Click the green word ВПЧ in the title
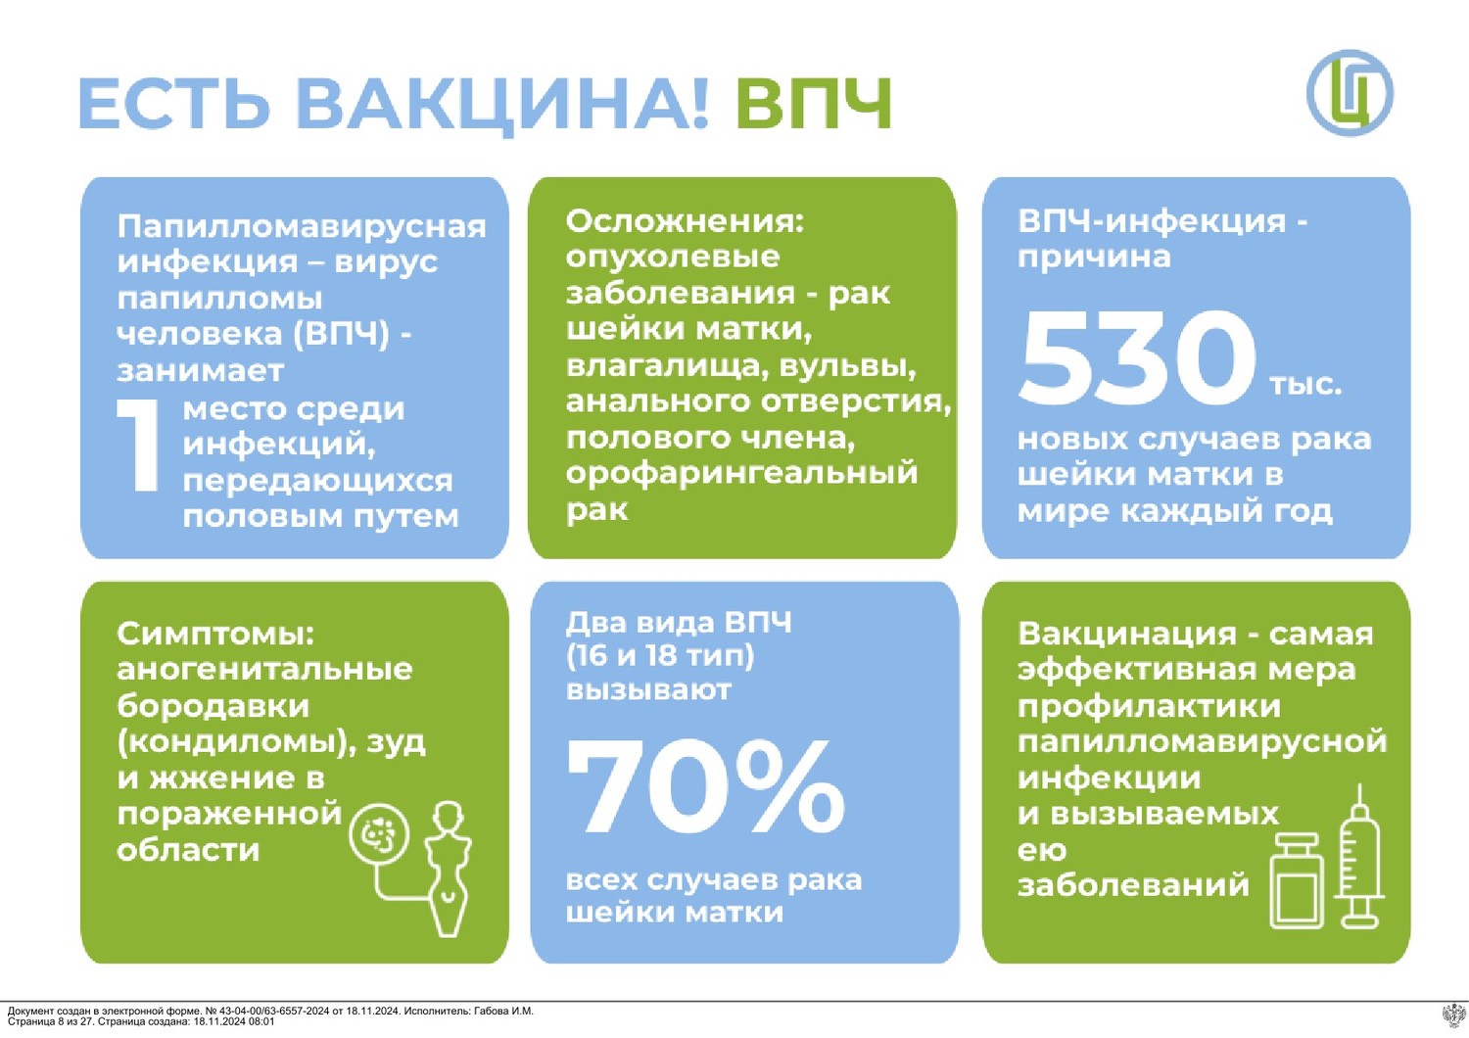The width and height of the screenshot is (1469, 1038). coord(814,104)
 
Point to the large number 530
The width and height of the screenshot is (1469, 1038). coord(1136,356)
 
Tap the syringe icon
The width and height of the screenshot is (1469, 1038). coord(1359,856)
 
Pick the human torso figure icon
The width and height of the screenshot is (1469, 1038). coord(449,869)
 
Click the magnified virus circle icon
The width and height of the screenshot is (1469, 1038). coord(379,836)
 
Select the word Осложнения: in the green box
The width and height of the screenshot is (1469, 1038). coord(684,223)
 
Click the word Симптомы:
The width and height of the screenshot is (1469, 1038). coord(215,635)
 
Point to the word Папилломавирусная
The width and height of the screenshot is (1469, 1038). coord(302,227)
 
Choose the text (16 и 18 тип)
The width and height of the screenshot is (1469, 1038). coord(660,656)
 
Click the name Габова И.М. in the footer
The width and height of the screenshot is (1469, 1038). coord(503,1012)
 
